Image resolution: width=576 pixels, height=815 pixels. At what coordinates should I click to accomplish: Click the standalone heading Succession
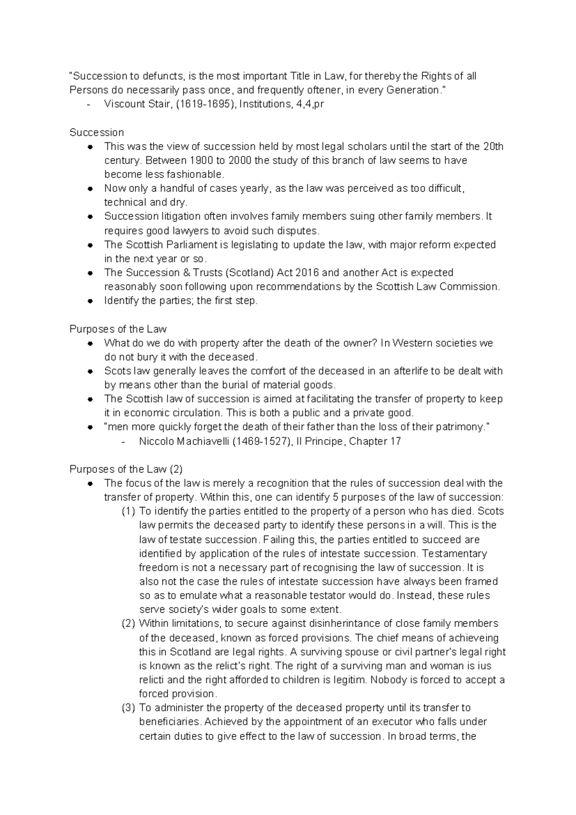tap(96, 132)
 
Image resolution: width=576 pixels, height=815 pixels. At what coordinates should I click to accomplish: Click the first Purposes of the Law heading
tap(118, 329)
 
